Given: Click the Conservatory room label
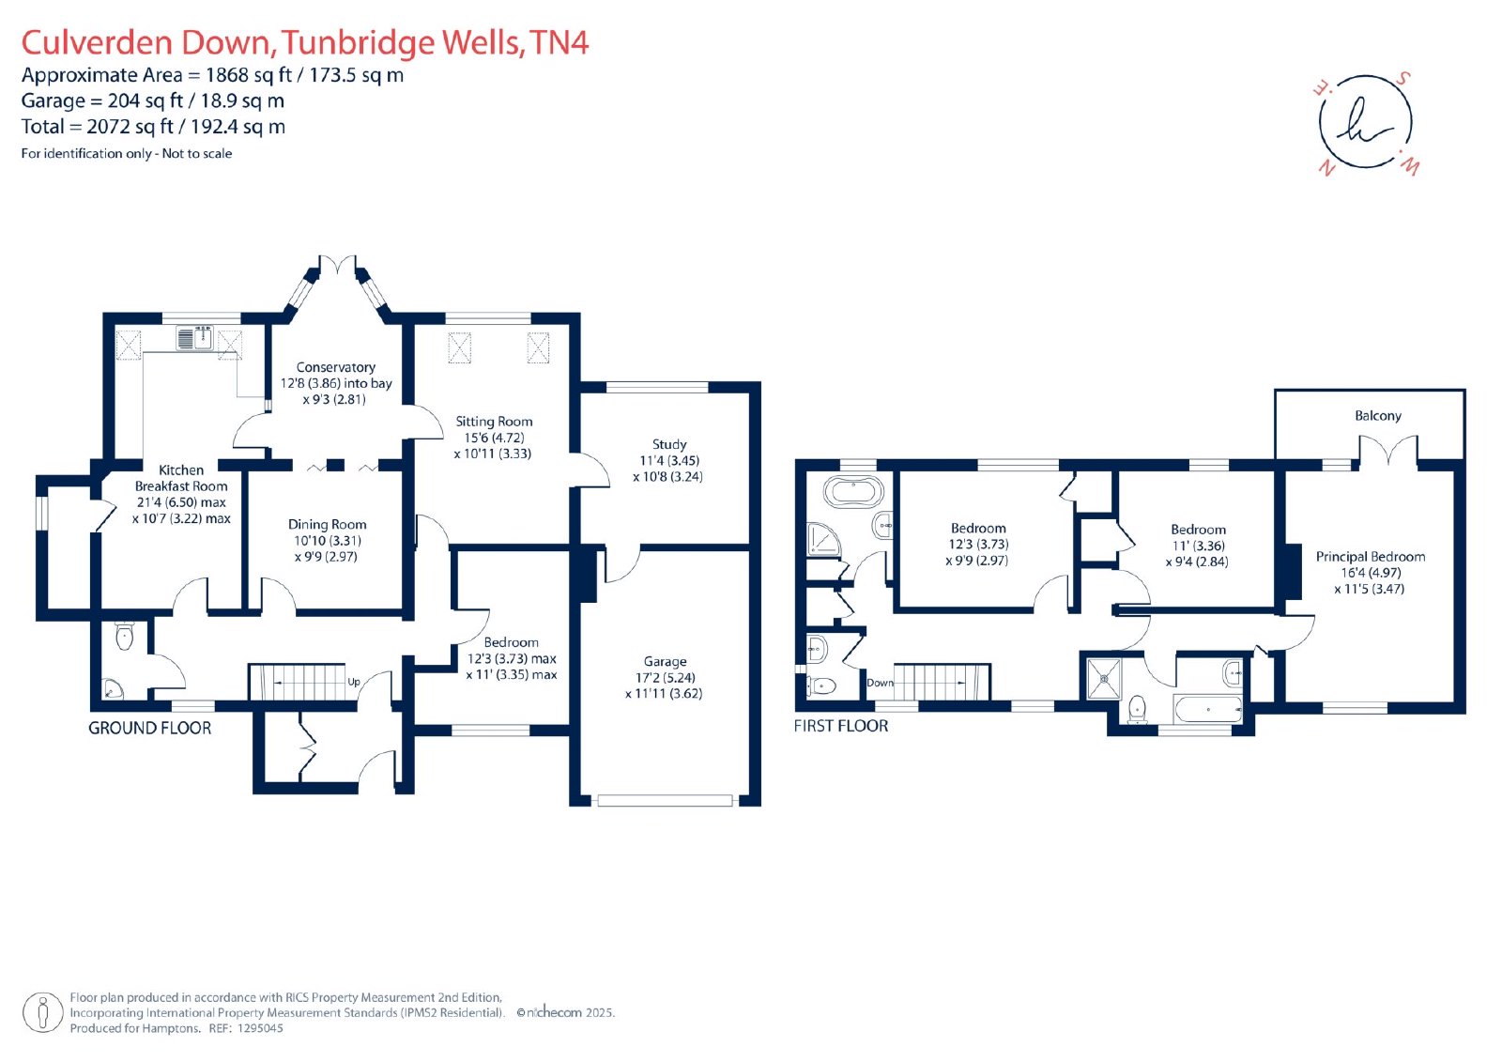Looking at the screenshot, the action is pos(335,367).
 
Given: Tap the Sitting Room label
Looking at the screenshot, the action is pos(494,422).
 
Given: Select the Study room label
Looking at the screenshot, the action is pos(669,444).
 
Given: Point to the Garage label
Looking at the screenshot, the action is pos(665,661).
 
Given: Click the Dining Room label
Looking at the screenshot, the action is pos(328,524).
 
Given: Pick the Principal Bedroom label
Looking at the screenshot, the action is pos(1370,556).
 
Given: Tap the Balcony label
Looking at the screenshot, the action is pos(1377,416).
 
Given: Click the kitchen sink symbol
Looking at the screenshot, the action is pos(194,337).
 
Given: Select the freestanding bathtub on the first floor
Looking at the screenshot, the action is pos(852,492).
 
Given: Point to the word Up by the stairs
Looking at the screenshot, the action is pos(354,682).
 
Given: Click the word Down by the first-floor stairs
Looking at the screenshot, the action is pos(880,683).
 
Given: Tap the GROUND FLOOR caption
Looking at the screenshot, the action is pos(149,728).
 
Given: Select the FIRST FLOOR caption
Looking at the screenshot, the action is pos(841,726).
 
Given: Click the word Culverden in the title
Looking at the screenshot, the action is pos(98,42).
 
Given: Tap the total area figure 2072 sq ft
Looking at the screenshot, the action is pos(130,126).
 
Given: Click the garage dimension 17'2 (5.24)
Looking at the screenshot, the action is pos(665,678).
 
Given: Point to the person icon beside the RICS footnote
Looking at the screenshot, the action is pos(43,1012).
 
